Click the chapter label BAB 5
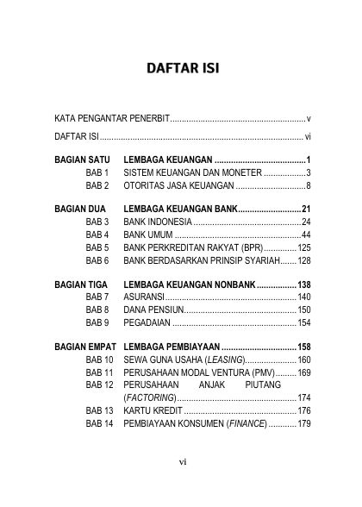[x=97, y=247]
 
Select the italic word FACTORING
[x=151, y=397]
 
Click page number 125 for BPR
[x=303, y=247]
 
